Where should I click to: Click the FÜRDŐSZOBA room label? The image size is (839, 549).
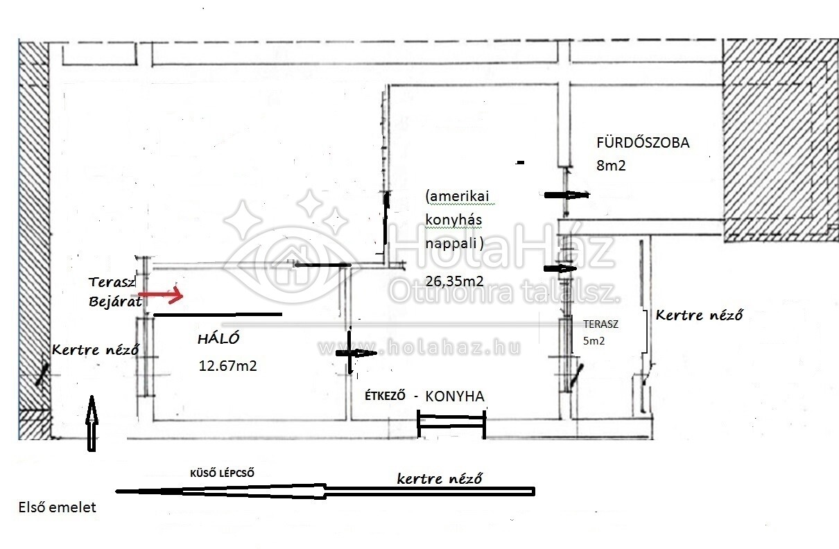coord(643,143)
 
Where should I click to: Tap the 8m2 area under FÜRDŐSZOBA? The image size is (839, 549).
coord(611,165)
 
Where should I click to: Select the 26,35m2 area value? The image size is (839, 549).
coord(454,281)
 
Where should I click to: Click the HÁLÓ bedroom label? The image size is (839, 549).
coord(218,338)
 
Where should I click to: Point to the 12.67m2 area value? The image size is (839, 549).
coord(227,365)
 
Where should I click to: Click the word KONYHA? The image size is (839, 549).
coord(455,397)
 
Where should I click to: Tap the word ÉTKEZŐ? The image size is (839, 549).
coord(385,396)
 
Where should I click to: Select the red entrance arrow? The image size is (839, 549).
coord(161,295)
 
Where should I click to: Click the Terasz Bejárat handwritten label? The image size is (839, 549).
coord(115,292)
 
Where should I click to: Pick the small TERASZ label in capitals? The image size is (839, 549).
coord(600,324)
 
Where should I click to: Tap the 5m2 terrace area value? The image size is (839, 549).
coord(594,341)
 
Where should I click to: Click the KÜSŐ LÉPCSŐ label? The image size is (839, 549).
coord(222,473)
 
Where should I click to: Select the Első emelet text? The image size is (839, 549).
coord(58,507)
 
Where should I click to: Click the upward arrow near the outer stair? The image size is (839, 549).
coord(92,424)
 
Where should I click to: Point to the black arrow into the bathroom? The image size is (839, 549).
coord(566,195)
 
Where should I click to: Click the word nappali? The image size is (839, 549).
coord(454,243)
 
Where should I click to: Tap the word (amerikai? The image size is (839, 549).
coord(458,196)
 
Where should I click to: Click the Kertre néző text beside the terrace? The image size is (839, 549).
coord(699,315)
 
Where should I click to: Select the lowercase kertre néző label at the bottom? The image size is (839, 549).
coord(440,478)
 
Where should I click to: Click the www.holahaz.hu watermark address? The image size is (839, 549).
coord(419,347)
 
